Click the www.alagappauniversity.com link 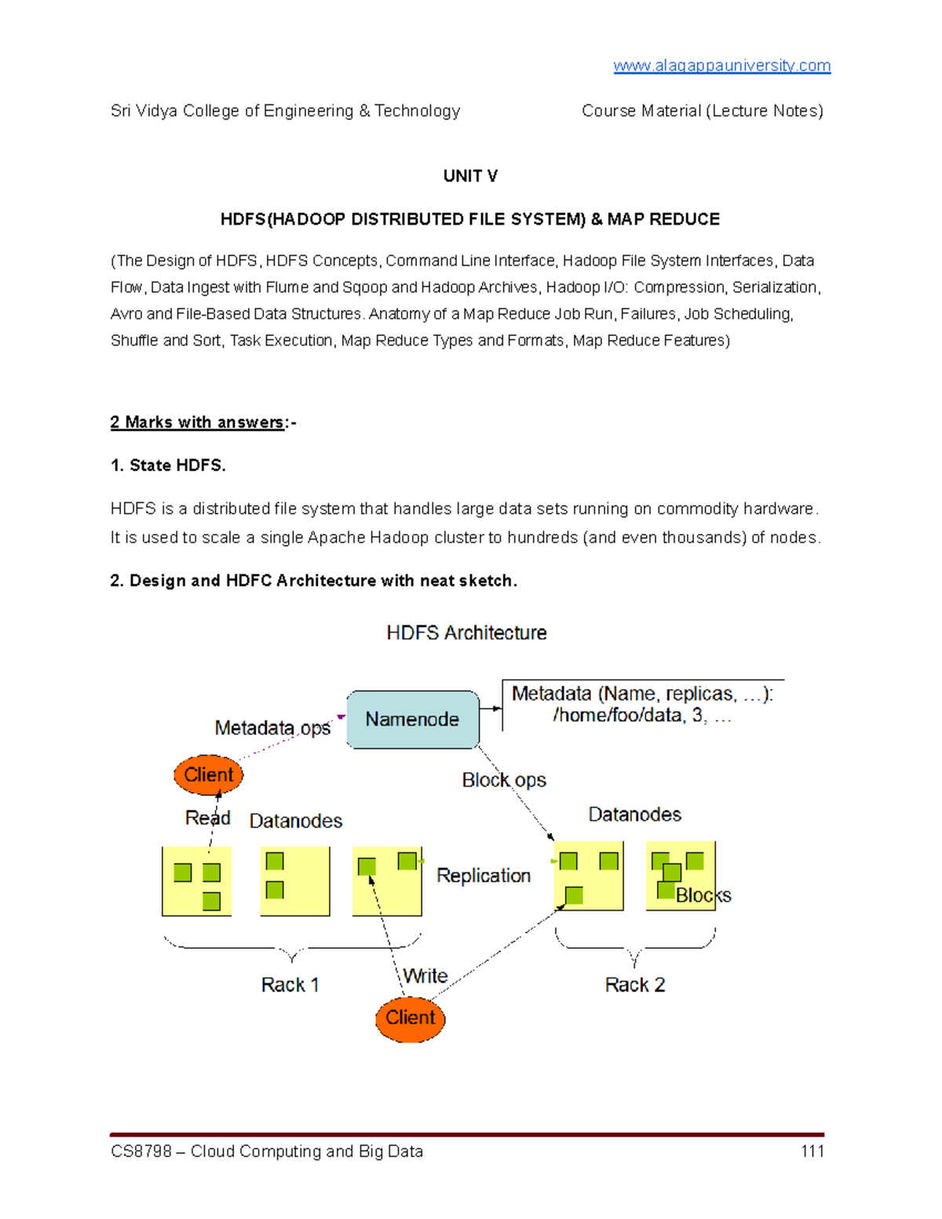(721, 66)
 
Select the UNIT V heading (470, 176)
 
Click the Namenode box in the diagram (412, 719)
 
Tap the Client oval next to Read (208, 775)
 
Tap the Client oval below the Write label (410, 1018)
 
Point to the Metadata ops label (272, 728)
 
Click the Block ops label (503, 780)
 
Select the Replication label (484, 875)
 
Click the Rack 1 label (290, 985)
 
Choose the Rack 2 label (634, 985)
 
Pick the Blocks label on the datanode (703, 896)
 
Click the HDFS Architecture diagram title (466, 633)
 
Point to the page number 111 (812, 1151)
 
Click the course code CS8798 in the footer (141, 1151)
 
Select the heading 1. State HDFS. (168, 465)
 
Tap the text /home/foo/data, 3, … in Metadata (641, 716)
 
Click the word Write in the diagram (425, 976)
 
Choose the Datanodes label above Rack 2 (634, 815)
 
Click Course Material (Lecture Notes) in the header (702, 111)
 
